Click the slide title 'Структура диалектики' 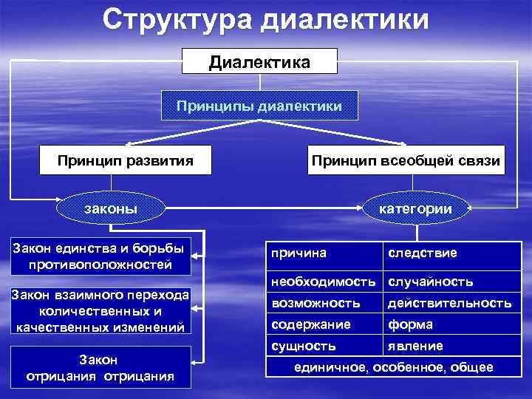[265, 20]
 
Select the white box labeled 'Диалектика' [259, 61]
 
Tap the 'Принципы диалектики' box [259, 106]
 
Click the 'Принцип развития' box [126, 160]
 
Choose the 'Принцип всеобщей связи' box [406, 160]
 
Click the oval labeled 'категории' [415, 209]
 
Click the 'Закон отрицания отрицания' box [101, 367]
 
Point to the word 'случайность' [431, 282]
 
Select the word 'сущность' [304, 346]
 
